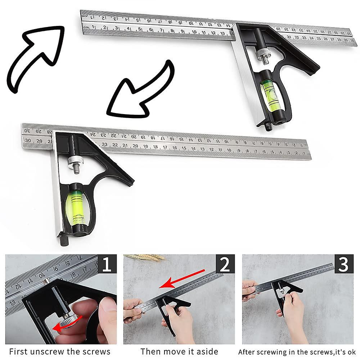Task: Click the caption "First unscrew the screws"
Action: click(x=60, y=351)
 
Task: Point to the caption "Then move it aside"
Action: click(x=179, y=351)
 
